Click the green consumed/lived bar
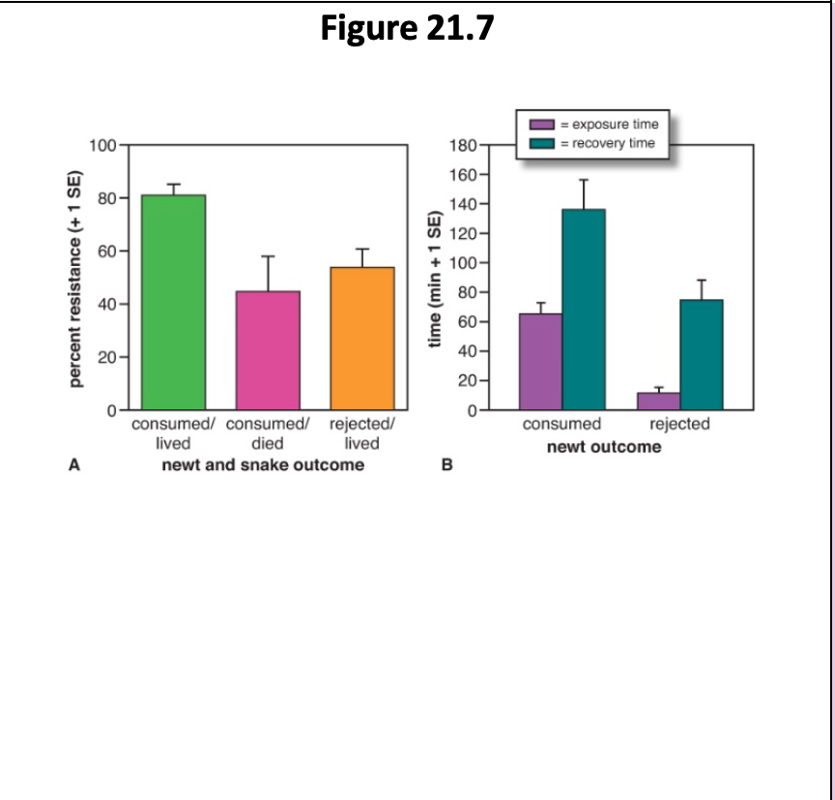click(174, 302)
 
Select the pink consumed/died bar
click(268, 350)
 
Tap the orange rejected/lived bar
click(362, 339)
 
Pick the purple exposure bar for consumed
click(540, 362)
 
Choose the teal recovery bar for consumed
click(584, 310)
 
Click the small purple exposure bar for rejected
click(658, 400)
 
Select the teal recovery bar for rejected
click(702, 355)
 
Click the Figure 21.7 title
click(407, 29)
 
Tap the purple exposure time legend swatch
click(541, 125)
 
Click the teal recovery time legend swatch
click(541, 143)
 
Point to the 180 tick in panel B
click(464, 146)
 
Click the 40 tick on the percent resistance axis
click(105, 305)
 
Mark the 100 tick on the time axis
click(464, 263)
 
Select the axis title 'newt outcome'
click(604, 447)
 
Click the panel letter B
click(446, 465)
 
